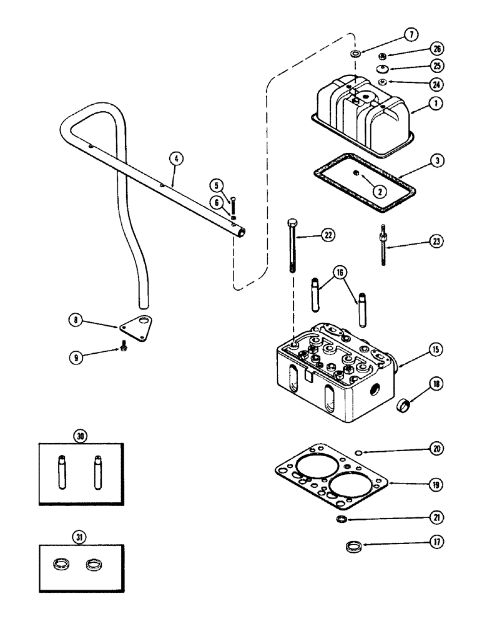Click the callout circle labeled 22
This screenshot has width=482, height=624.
coord(327,235)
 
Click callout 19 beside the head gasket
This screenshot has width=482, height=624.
coord(418,483)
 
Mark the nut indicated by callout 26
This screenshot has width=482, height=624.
coord(382,55)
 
